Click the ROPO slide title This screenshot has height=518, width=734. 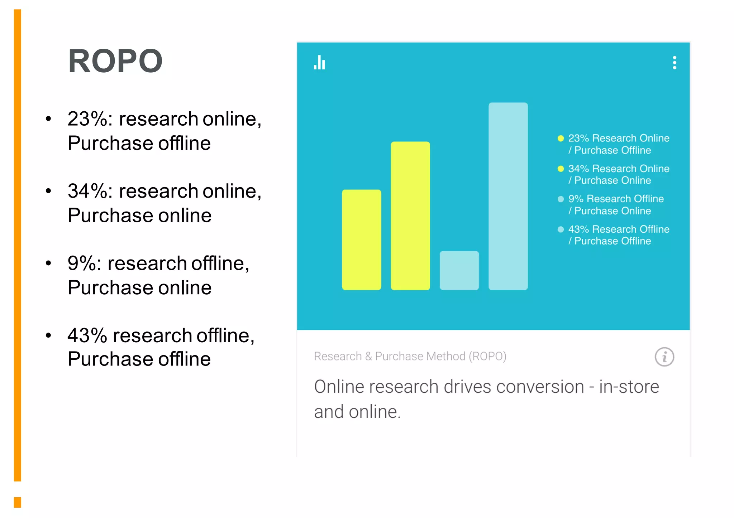tap(115, 61)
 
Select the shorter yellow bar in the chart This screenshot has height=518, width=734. tap(361, 239)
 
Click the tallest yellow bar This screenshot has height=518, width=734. tap(410, 216)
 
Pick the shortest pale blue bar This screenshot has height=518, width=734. tap(459, 270)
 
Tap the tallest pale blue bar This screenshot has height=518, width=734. tap(508, 196)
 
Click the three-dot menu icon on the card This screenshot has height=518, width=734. tap(674, 63)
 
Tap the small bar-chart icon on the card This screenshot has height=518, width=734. tap(319, 63)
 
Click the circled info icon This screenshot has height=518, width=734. tap(664, 357)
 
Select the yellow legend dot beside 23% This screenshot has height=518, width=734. tap(561, 139)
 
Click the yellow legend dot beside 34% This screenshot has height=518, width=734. tap(561, 169)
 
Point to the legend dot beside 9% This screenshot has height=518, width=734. tap(561, 199)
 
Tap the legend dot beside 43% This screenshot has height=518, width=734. tap(561, 229)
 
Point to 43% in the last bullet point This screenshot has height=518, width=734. tap(87, 336)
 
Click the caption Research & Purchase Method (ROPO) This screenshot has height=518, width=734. tap(410, 356)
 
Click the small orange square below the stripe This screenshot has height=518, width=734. tap(18, 502)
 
